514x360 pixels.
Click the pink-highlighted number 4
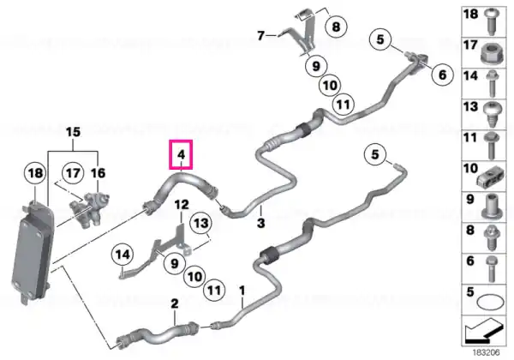click(x=181, y=154)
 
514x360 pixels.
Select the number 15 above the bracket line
click(x=73, y=132)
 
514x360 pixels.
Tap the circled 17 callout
click(x=73, y=173)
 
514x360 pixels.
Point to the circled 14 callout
click(x=123, y=255)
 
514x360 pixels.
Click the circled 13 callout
click(x=201, y=224)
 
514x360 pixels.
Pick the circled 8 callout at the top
click(x=337, y=27)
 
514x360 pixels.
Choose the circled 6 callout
click(x=442, y=75)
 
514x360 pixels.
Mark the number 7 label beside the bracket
click(x=260, y=35)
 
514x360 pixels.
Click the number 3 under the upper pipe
click(x=261, y=223)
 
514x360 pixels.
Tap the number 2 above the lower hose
click(x=175, y=303)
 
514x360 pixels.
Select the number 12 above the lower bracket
click(x=182, y=205)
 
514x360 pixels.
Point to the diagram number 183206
click(x=486, y=353)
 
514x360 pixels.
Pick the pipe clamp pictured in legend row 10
click(x=490, y=177)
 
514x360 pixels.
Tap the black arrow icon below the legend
click(x=483, y=332)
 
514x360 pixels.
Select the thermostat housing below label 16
click(x=88, y=210)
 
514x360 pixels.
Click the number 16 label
click(x=98, y=173)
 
